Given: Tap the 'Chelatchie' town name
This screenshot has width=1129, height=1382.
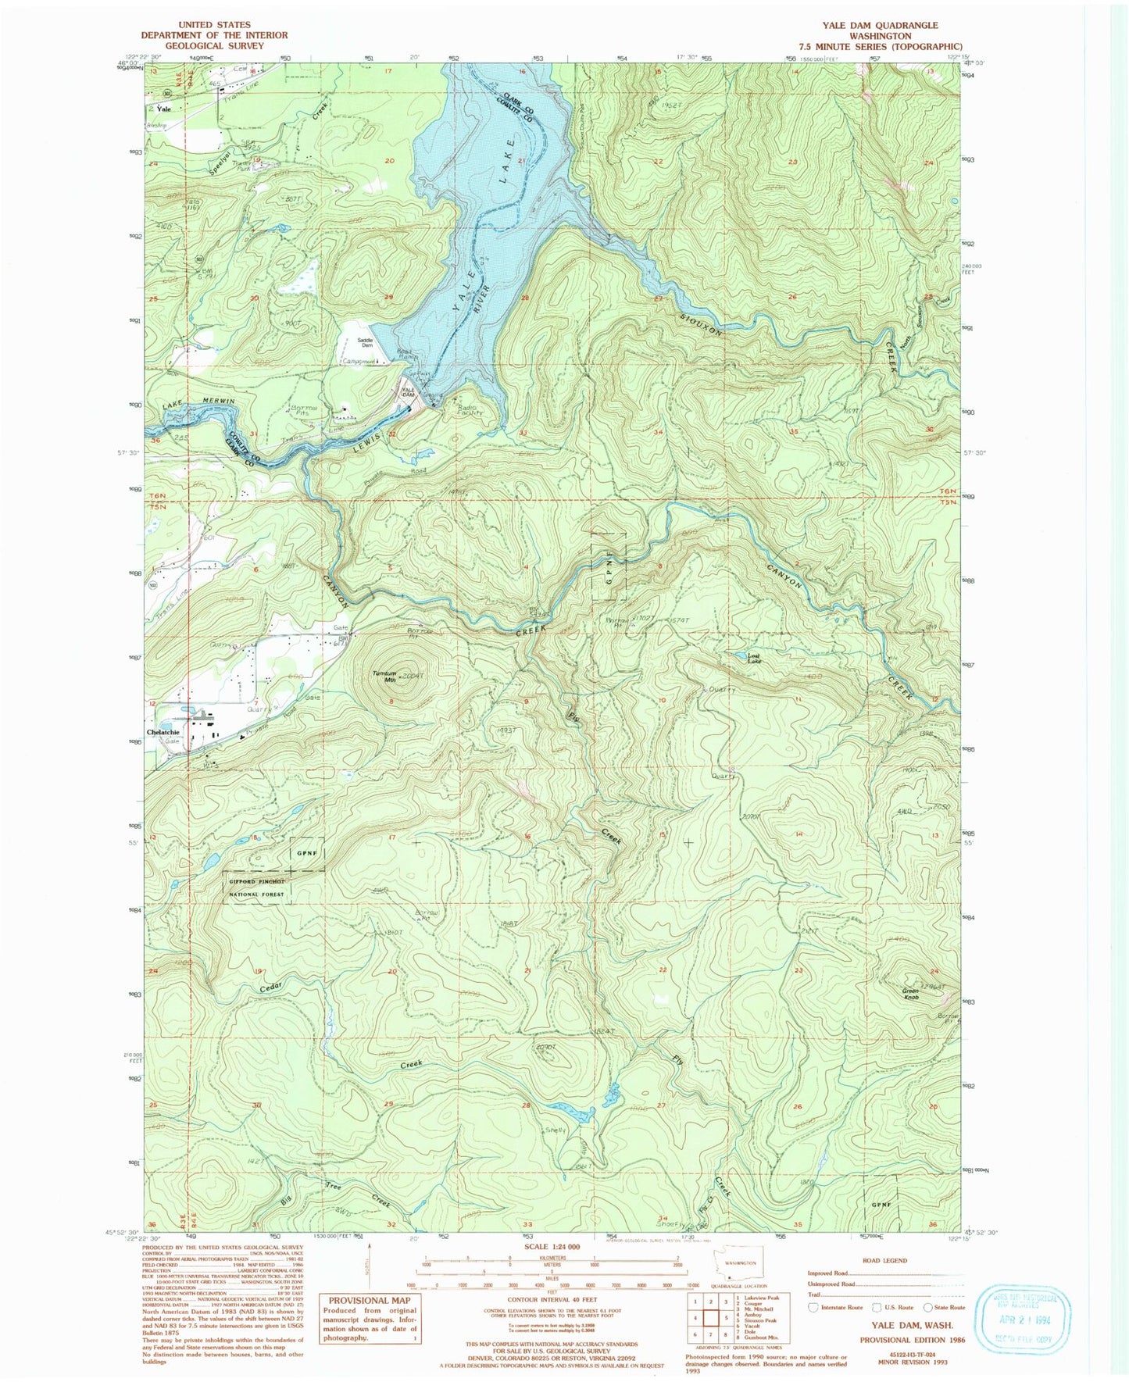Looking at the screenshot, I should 163,732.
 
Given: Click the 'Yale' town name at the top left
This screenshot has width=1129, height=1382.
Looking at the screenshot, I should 163,109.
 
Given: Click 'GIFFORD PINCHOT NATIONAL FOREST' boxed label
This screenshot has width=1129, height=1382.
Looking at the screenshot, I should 257,886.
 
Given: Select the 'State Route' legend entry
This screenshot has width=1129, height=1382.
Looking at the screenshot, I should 949,1307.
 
